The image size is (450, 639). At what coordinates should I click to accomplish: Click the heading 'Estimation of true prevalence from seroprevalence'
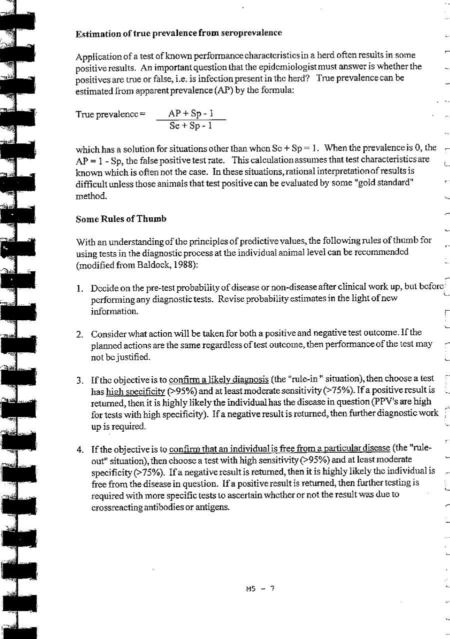[x=179, y=33]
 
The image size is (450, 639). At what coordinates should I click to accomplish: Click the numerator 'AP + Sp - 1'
[x=191, y=113]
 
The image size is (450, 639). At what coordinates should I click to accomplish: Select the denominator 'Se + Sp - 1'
[x=191, y=125]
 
